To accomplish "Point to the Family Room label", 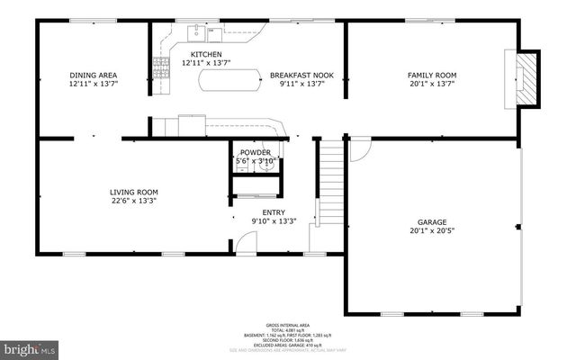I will (432, 76).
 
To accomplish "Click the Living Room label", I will (134, 192).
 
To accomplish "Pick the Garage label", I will (432, 222).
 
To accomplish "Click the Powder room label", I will (255, 152).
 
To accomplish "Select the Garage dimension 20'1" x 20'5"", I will (432, 231).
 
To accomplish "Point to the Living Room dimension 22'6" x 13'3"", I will (134, 201).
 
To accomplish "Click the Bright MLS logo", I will (30, 346).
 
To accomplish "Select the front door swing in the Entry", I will (244, 243).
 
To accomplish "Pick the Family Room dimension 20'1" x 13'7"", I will (432, 85).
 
